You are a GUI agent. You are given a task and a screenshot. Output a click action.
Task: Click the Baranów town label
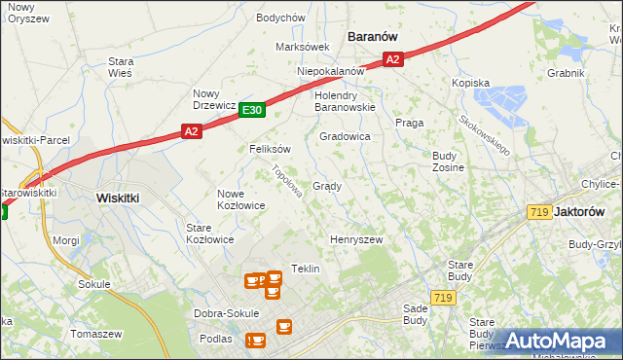tap(373, 36)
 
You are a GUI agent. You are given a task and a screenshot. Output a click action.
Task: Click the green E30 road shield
tap(251, 111)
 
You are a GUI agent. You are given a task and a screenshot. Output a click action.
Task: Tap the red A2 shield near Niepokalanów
tap(392, 59)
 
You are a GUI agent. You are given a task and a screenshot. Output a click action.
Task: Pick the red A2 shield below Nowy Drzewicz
tap(191, 131)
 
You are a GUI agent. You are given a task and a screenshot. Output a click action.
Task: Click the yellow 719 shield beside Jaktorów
tap(539, 212)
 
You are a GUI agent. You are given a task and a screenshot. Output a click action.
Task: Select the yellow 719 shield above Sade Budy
tap(444, 297)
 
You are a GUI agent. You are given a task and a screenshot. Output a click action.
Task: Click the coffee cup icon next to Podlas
tap(256, 340)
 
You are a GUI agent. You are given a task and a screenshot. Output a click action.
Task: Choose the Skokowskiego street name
tap(486, 134)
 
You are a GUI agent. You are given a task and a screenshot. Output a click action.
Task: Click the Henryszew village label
tap(356, 239)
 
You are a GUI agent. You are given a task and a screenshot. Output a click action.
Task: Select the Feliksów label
tap(271, 150)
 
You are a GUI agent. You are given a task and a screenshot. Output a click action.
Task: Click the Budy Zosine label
tap(448, 162)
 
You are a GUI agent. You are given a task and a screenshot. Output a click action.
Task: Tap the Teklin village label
tap(306, 269)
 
